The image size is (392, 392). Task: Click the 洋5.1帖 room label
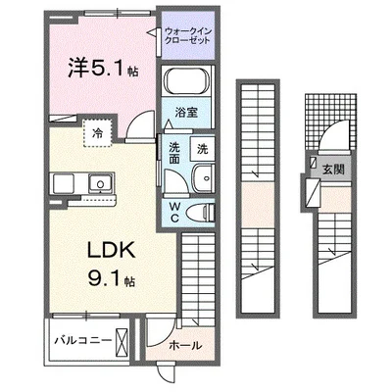pyautogui.click(x=87, y=70)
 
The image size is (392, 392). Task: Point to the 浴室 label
pyautogui.click(x=187, y=112)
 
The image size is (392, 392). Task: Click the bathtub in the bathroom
pyautogui.click(x=187, y=85)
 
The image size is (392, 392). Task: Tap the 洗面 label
pyautogui.click(x=172, y=154)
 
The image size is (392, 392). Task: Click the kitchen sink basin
pyautogui.click(x=71, y=182)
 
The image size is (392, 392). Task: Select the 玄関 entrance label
pyautogui.click(x=332, y=169)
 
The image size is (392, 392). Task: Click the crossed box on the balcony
pyautogui.click(x=122, y=344)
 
